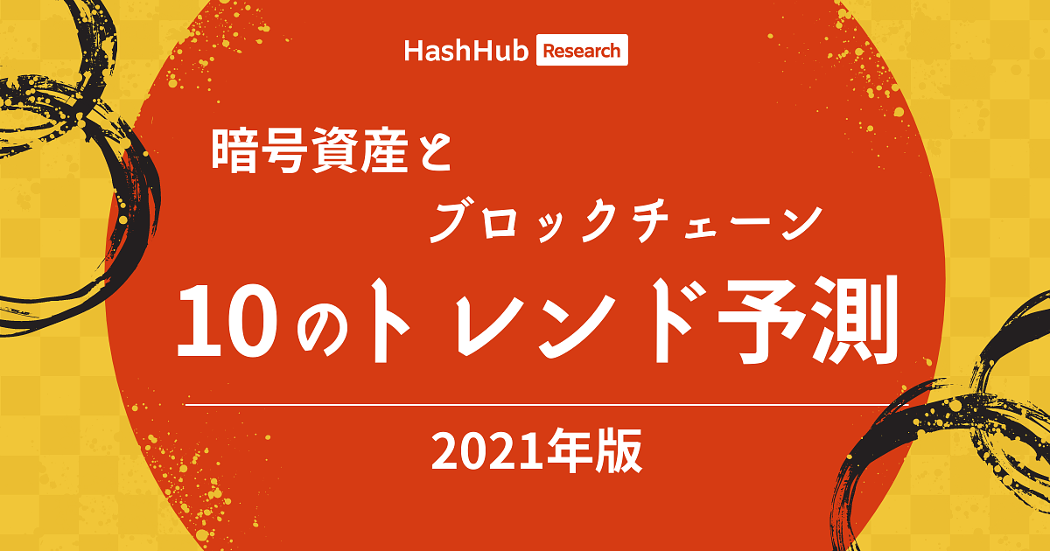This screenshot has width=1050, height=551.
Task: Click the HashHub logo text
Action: [466, 51]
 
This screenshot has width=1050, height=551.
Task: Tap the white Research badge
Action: [582, 50]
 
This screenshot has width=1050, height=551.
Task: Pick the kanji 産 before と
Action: [384, 150]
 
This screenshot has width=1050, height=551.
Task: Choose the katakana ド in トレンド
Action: [674, 322]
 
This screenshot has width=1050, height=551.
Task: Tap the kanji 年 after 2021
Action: [568, 450]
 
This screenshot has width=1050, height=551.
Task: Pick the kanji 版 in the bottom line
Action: [619, 450]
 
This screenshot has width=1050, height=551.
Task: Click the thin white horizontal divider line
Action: [547, 404]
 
